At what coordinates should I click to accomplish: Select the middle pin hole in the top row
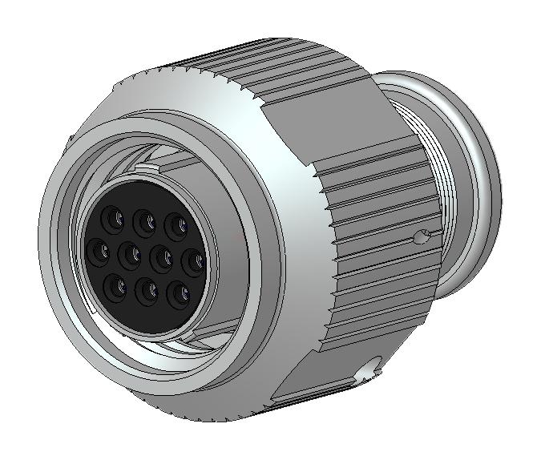[x=143, y=219]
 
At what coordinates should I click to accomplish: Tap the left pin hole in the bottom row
[x=117, y=286]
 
